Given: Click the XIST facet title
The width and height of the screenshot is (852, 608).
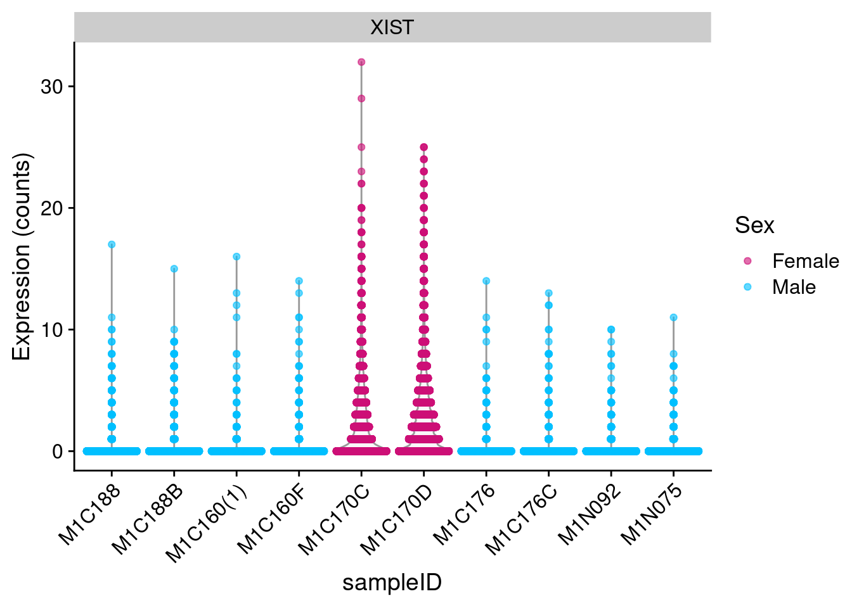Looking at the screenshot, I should click(x=392, y=27).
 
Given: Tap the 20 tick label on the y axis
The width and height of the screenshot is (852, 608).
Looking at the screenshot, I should click(x=52, y=208).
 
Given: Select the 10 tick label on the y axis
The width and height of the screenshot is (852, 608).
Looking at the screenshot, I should click(x=52, y=330).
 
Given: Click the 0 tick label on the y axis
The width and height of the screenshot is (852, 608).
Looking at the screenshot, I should click(x=58, y=452).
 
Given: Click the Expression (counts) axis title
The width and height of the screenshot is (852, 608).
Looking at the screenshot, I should click(x=22, y=256).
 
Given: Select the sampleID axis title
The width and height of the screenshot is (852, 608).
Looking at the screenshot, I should click(x=392, y=583).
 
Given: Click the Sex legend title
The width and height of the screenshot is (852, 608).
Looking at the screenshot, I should click(x=754, y=225).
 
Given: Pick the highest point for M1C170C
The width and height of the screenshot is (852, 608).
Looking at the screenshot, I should click(x=361, y=62).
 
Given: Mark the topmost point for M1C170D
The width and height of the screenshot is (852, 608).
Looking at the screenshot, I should click(x=423, y=147).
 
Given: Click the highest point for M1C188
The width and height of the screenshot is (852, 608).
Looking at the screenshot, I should click(x=112, y=244).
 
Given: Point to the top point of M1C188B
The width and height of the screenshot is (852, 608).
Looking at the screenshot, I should click(x=174, y=269).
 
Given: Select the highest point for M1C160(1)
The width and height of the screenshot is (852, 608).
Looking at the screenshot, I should click(x=236, y=256).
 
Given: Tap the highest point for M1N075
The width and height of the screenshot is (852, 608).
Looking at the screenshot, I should click(x=673, y=317).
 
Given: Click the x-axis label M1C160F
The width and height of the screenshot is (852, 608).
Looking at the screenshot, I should click(x=273, y=519).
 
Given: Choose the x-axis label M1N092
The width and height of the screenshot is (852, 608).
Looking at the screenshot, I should click(x=589, y=516).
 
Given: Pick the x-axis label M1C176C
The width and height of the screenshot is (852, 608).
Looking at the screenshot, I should click(x=522, y=519).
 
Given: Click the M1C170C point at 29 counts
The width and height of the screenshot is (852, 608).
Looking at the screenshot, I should click(x=361, y=99).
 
